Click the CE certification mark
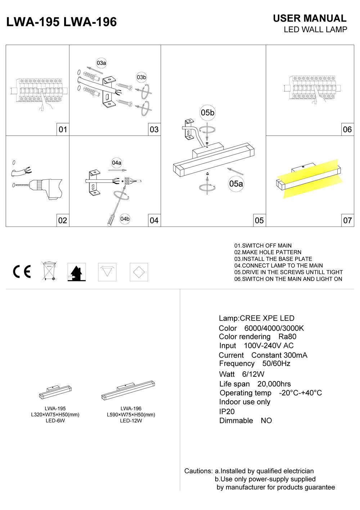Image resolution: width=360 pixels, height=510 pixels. point(22,272)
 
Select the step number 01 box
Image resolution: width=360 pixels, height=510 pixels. point(63,129)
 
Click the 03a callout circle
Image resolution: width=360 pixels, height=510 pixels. point(102,63)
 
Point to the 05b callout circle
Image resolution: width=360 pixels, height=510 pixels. point(207,113)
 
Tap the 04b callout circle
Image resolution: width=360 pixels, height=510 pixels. point(125,219)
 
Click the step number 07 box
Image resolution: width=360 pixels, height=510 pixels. point(347,220)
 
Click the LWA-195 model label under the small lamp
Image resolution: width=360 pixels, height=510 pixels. point(55,408)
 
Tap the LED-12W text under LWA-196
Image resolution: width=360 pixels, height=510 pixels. point(131,421)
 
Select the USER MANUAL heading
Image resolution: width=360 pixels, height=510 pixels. point(310,18)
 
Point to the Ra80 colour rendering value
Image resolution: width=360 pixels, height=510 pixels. point(287,337)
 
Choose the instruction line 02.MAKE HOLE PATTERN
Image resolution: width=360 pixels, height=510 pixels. point(267,252)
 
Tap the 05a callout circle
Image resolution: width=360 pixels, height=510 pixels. point(236,184)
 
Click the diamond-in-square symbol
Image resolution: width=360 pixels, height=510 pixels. point(139,272)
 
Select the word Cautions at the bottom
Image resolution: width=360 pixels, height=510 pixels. point(198,471)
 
